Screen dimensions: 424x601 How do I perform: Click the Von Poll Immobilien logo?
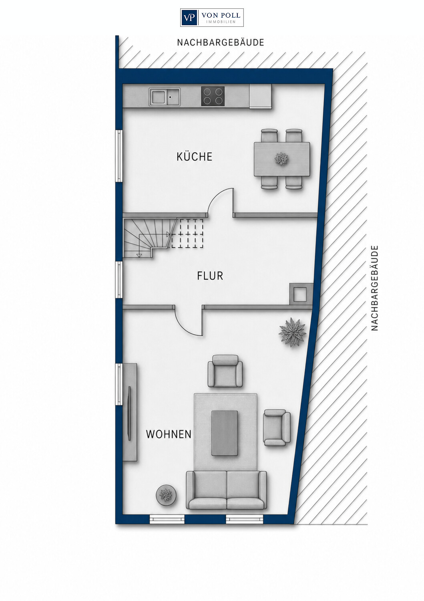(212, 18)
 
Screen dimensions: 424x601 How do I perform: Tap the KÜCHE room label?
(195, 156)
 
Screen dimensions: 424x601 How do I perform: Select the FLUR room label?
(210, 276)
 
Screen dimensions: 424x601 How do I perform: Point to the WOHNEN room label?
(169, 434)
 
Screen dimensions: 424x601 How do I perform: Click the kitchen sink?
(165, 97)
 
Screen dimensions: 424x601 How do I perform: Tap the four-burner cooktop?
(213, 96)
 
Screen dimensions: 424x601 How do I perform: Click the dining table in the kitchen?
(282, 159)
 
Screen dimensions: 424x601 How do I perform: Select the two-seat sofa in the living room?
(227, 490)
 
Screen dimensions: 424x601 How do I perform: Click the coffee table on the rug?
(225, 433)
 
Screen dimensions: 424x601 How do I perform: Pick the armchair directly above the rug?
(225, 371)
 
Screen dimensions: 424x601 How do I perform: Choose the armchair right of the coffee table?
(277, 428)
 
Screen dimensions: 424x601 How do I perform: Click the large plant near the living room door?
(292, 332)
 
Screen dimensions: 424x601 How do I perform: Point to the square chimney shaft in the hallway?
(301, 294)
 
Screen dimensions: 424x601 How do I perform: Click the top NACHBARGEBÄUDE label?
(221, 42)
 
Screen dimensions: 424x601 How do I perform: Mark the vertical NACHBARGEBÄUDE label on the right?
(374, 288)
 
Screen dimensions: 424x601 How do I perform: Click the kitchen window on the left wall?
(119, 156)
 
